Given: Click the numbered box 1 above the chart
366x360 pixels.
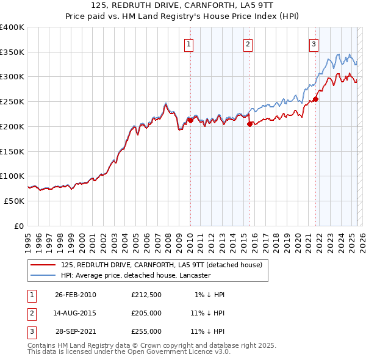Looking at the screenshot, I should pyautogui.click(x=189, y=43).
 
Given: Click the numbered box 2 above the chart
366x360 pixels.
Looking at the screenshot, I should pyautogui.click(x=248, y=43).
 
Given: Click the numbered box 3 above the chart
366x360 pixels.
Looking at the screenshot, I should pyautogui.click(x=314, y=43).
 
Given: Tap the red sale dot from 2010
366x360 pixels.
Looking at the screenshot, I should pyautogui.click(x=190, y=120).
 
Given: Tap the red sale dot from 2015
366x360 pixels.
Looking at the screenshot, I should pyautogui.click(x=249, y=124).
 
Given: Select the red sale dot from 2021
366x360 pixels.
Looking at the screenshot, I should pyautogui.click(x=316, y=99).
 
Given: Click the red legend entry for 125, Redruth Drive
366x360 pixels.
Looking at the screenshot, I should pyautogui.click(x=161, y=265).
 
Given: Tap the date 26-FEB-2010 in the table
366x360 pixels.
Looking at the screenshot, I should pyautogui.click(x=76, y=295).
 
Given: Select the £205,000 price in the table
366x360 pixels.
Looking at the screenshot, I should pyautogui.click(x=146, y=313).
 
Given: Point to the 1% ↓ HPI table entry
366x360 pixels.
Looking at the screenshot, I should pyautogui.click(x=210, y=295).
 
